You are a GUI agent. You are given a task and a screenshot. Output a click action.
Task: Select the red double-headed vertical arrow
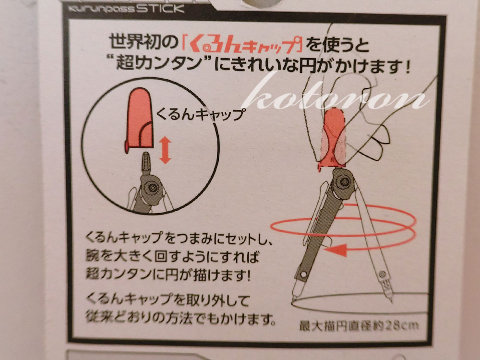[x=165, y=150]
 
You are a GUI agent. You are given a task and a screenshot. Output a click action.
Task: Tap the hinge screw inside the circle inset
[x=152, y=187]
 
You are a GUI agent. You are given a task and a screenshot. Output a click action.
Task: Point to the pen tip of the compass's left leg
[x=294, y=299]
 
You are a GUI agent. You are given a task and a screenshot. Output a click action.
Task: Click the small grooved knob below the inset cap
[x=146, y=163]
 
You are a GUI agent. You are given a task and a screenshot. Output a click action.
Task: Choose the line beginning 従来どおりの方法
[x=180, y=318]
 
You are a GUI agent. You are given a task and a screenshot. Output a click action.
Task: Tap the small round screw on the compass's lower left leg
[x=303, y=275]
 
